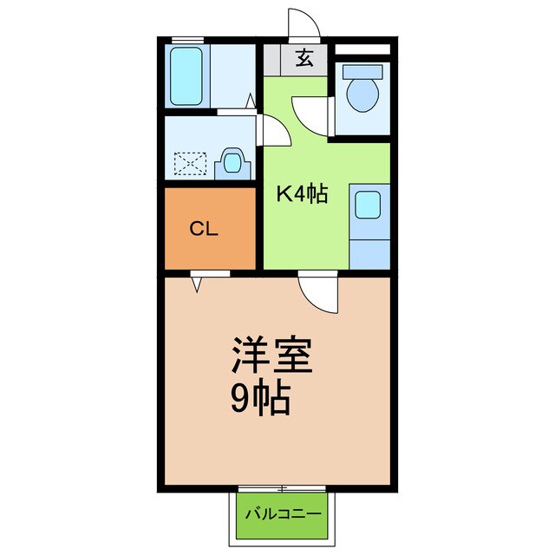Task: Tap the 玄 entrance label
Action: tap(304, 59)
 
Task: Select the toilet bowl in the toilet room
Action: tap(360, 95)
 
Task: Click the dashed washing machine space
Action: tap(191, 163)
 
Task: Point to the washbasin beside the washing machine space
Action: tap(232, 162)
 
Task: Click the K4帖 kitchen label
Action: tap(301, 195)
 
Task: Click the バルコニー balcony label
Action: tap(282, 513)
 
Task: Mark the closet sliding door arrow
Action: tap(199, 279)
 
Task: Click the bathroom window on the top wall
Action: tap(187, 40)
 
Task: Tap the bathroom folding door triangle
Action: tap(251, 102)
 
